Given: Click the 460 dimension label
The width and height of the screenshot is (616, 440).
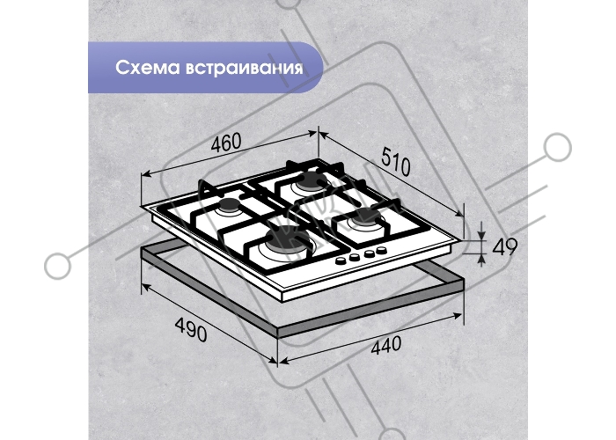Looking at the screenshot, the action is (x=226, y=143).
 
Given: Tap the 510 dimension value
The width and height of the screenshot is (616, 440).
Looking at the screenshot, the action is (x=396, y=161).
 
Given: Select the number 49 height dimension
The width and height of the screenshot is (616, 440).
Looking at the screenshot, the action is (x=504, y=247).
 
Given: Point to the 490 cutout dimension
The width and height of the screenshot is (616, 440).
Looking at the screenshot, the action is (x=191, y=329).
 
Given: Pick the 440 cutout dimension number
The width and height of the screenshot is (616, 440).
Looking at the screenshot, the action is (x=386, y=345).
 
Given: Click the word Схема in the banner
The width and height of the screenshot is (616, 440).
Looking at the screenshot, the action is (x=147, y=68).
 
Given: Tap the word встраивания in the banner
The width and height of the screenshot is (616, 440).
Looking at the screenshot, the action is (x=244, y=68).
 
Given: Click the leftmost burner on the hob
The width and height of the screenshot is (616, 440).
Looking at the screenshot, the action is (x=228, y=207).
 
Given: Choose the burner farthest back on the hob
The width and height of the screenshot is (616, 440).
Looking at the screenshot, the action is (x=312, y=181).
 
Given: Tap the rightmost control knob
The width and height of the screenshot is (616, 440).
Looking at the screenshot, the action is (x=380, y=250).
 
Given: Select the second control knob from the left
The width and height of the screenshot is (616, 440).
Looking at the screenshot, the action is (x=355, y=257).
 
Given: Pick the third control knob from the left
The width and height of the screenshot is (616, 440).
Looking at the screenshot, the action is (x=369, y=253).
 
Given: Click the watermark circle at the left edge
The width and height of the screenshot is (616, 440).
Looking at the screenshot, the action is (x=58, y=266).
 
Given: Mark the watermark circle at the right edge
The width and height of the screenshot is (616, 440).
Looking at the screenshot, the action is (x=557, y=147).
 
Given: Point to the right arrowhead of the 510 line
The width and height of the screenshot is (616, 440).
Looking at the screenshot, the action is (x=459, y=213).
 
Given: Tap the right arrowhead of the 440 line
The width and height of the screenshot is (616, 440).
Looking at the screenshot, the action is (x=458, y=315).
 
